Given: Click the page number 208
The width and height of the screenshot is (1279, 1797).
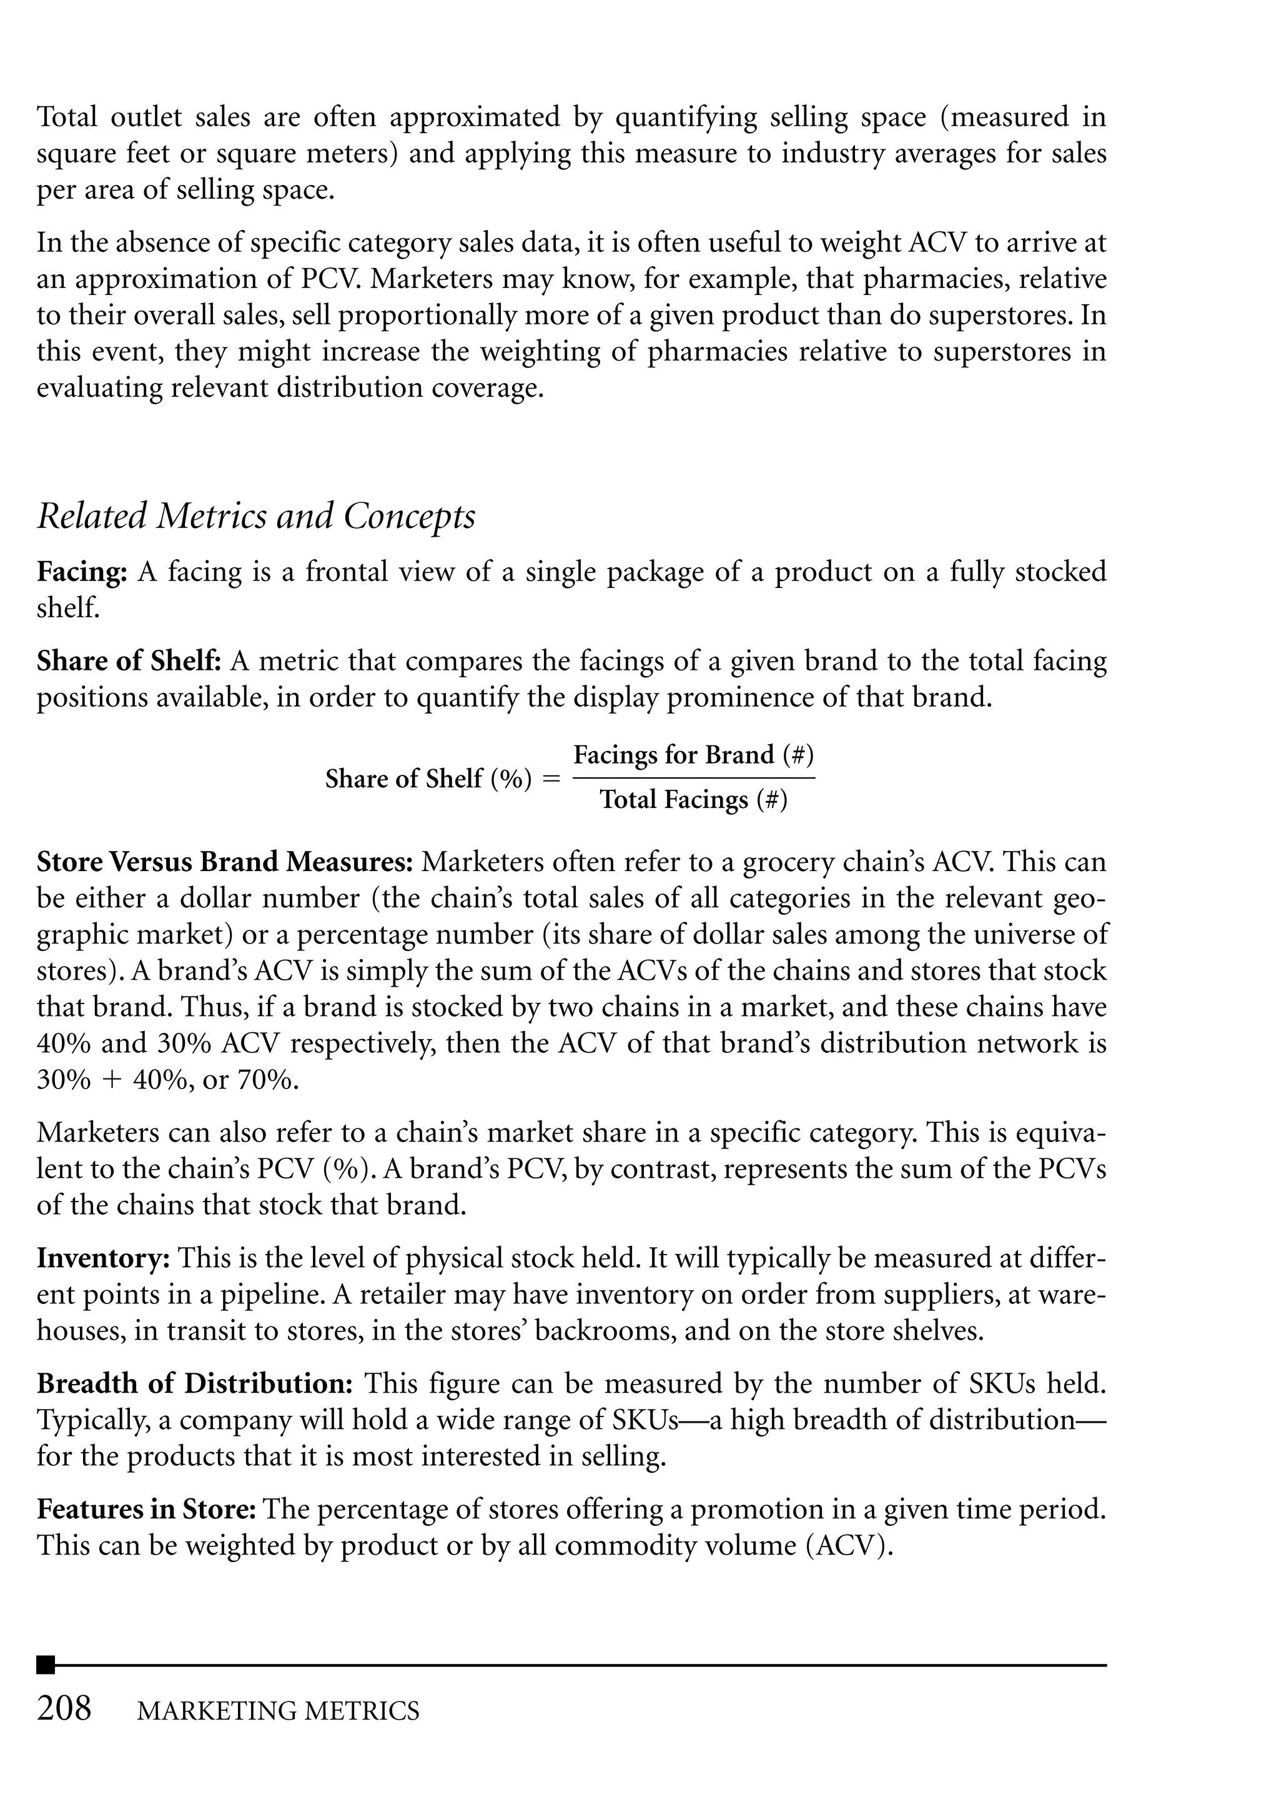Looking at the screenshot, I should point(64,1709).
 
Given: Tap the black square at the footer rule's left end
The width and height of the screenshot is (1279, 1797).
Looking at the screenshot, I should point(46,1665).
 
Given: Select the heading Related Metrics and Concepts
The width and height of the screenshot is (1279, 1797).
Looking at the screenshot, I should point(256,517).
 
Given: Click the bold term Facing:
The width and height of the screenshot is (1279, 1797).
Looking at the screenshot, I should point(82,572).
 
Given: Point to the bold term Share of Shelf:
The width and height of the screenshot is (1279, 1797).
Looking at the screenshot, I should point(129,660).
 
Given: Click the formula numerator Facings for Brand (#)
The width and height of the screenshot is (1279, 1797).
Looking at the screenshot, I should point(693,755).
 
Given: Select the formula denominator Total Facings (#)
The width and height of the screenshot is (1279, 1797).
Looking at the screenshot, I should point(693,800).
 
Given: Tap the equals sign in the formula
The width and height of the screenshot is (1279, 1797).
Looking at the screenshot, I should point(552,779).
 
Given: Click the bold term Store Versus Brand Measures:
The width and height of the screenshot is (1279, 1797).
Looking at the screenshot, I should point(224,862).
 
